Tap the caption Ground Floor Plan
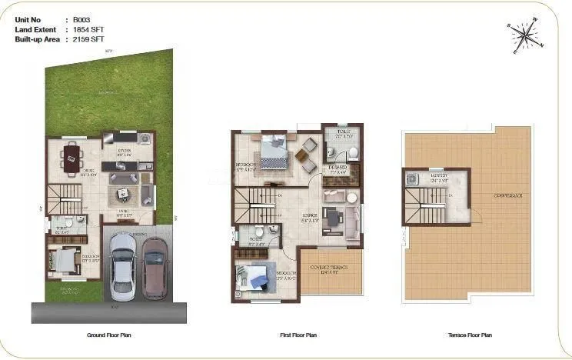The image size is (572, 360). point(109,335)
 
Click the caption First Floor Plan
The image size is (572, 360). point(298,335)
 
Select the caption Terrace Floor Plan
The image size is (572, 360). point(470,335)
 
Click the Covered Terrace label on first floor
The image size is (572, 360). point(328,268)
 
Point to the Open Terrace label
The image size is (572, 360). point(507,196)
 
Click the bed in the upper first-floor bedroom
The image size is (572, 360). point(274,152)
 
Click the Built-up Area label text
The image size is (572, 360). point(33,38)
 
